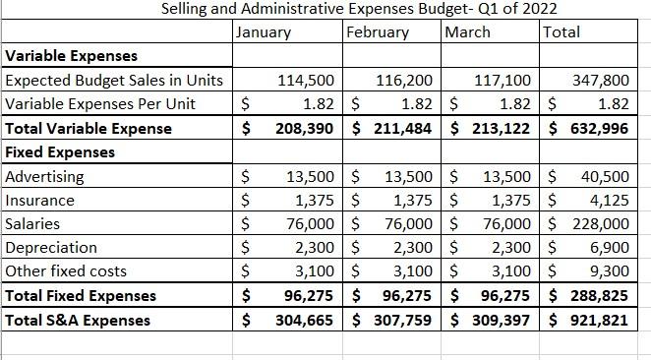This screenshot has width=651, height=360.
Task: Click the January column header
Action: tap(265, 32)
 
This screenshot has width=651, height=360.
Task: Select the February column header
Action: tap(379, 32)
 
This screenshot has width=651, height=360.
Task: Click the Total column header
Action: tap(562, 32)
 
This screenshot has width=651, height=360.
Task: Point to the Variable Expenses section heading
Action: tap(72, 56)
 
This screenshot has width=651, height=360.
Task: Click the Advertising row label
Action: tap(45, 177)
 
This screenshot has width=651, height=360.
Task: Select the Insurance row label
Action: tap(40, 201)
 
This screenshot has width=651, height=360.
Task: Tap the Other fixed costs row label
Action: tap(66, 271)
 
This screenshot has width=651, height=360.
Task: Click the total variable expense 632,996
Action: tap(603, 129)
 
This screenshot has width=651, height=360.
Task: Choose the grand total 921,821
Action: tap(603, 320)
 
